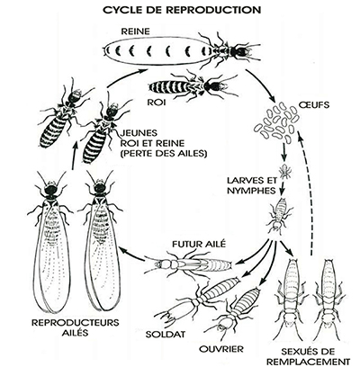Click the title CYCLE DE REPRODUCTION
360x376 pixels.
pyautogui.click(x=182, y=10)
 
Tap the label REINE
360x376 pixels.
pyautogui.click(x=135, y=31)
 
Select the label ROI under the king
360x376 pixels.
pyautogui.click(x=157, y=103)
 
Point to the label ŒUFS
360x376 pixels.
pyautogui.click(x=314, y=105)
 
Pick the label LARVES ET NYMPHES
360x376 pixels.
pyautogui.click(x=252, y=185)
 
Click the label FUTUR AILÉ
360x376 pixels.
pyautogui.click(x=198, y=245)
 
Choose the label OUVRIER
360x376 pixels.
pyautogui.click(x=221, y=349)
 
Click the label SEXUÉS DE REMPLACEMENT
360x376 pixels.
pyautogui.click(x=309, y=356)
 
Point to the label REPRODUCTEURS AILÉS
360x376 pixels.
pyautogui.click(x=76, y=327)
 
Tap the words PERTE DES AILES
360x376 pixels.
pyautogui.click(x=164, y=154)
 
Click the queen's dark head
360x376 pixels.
pyautogui.click(x=240, y=52)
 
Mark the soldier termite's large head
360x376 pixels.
pyautogui.click(x=178, y=310)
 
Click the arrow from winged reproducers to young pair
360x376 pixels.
pyautogui.click(x=74, y=155)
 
